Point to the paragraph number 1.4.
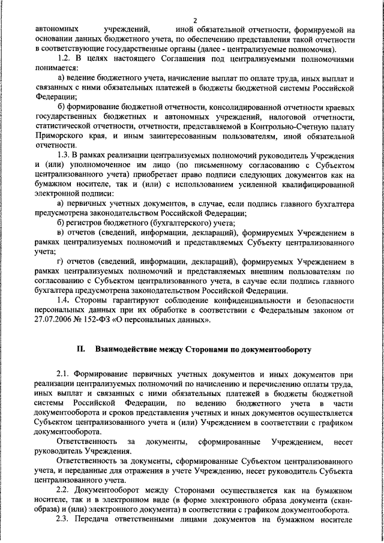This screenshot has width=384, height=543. coord(64,301)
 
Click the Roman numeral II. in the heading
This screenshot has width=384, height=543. coord(82,349)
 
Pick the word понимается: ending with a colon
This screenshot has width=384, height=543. coord(58,68)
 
